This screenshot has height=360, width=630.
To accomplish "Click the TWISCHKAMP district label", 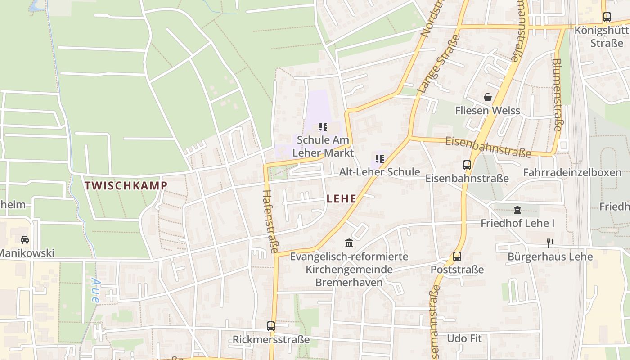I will [126, 185].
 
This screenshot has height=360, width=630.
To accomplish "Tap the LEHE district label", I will [342, 199].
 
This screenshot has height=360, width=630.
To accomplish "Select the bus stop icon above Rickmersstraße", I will [271, 326].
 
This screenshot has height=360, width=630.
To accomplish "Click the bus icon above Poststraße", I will [457, 256].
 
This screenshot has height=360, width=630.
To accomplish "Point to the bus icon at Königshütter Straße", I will [607, 17].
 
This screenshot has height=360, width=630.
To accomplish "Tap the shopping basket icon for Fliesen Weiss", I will [487, 97].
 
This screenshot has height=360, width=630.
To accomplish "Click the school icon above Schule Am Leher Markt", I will [323, 127].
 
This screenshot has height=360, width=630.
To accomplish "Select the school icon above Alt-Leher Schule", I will [379, 159].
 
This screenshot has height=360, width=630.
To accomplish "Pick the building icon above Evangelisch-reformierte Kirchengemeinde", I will [349, 243].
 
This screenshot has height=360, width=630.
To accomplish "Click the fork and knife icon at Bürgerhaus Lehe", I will [550, 243].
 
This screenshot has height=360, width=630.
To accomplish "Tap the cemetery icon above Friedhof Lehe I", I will [517, 210].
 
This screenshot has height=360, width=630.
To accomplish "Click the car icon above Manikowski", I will [25, 240].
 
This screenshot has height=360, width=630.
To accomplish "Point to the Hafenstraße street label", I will [270, 221].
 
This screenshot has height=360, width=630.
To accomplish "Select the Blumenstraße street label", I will [557, 94].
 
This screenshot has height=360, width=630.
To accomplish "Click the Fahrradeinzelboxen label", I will [572, 173].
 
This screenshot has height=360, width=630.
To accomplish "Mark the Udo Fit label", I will [464, 338].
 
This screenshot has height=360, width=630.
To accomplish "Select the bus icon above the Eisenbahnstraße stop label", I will [467, 165].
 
